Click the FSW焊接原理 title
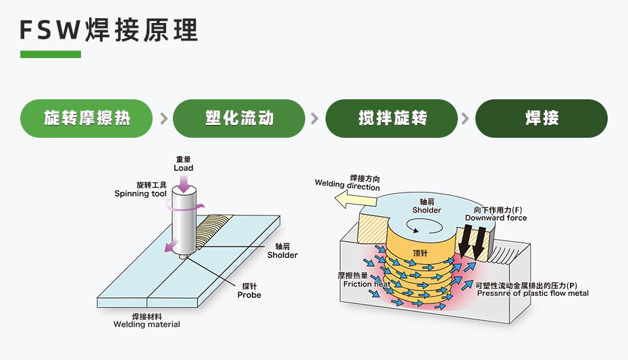[109, 30]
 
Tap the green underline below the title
[50, 54]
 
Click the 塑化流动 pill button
[239, 118]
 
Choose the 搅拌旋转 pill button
[392, 118]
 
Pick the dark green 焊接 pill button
[542, 118]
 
